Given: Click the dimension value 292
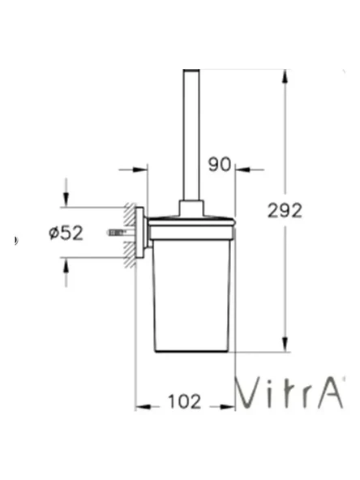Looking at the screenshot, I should (x=285, y=210).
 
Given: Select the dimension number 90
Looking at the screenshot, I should (x=220, y=165).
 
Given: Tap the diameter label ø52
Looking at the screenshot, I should (x=66, y=233).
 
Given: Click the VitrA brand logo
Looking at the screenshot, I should (x=289, y=393).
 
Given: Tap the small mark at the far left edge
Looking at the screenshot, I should (x=16, y=240).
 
